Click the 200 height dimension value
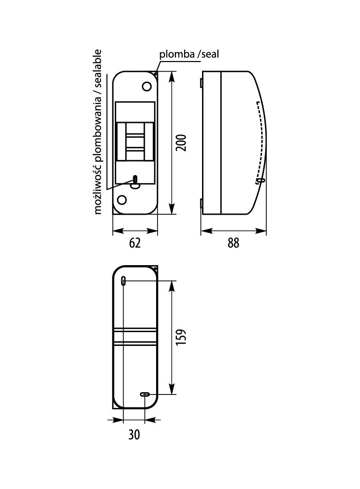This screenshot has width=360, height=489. click(181, 143)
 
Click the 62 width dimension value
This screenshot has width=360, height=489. click(135, 243)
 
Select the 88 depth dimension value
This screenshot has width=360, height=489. click(233, 243)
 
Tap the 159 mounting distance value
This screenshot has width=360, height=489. click(181, 337)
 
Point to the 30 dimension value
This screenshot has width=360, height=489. click(134, 435)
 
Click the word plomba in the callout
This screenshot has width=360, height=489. click(177, 54)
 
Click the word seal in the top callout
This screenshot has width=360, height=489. click(210, 54)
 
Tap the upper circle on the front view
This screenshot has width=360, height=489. click(147, 86)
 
